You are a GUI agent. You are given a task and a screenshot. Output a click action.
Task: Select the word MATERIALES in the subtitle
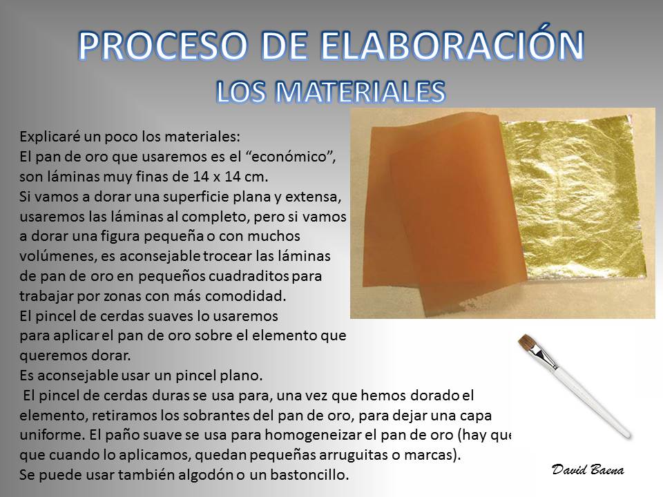point(363,91)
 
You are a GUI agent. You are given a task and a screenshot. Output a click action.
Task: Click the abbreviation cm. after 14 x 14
point(257,177)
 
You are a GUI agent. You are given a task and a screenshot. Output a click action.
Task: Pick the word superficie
point(202,197)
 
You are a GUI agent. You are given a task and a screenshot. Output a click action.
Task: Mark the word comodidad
point(246,296)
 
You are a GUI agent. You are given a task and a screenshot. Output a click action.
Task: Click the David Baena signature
point(588,469)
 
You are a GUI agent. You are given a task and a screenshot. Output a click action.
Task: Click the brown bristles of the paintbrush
point(527,343)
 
